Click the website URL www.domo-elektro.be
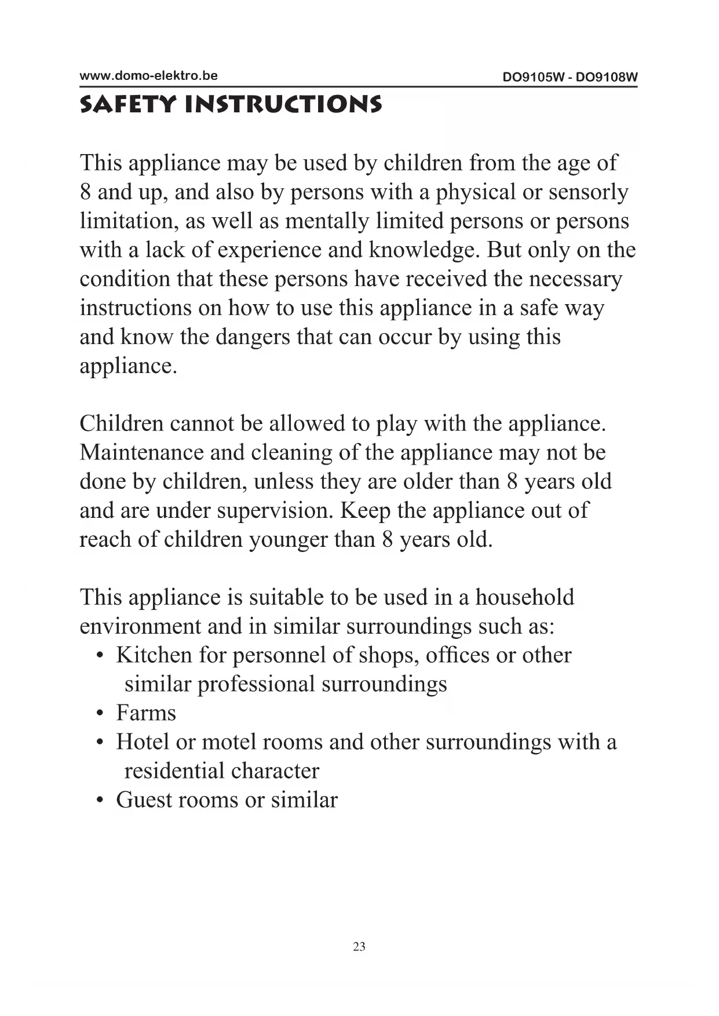pyautogui.click(x=148, y=75)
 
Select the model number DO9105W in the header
pyautogui.click(x=533, y=77)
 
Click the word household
pyautogui.click(x=524, y=597)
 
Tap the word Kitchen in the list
pyautogui.click(x=154, y=655)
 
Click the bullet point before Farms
pyautogui.click(x=100, y=714)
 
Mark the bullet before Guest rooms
pyautogui.click(x=100, y=801)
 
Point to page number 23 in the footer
pyautogui.click(x=359, y=946)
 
